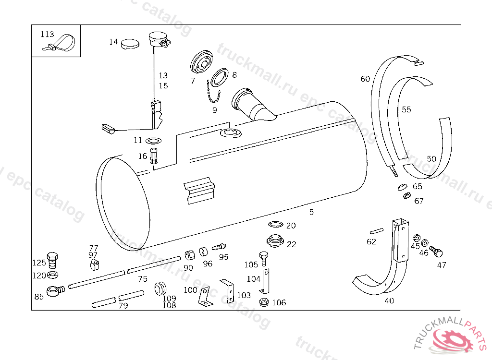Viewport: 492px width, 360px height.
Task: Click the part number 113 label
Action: coord(47,34)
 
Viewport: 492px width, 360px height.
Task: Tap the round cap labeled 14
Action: coord(129,44)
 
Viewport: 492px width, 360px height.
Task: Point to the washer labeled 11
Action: coord(153,141)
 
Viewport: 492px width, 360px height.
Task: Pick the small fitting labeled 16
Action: coord(154,156)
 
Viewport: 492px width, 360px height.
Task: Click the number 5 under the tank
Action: coord(311,212)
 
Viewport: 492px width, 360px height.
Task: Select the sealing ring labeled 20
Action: coord(275,225)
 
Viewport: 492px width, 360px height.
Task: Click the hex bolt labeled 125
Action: coord(52,260)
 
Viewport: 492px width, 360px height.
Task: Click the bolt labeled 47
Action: coord(436,251)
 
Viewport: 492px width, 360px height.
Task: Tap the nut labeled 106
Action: coord(263,302)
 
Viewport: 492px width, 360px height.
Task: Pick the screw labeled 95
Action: coord(219,247)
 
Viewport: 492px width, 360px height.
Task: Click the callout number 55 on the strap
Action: coord(406,109)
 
